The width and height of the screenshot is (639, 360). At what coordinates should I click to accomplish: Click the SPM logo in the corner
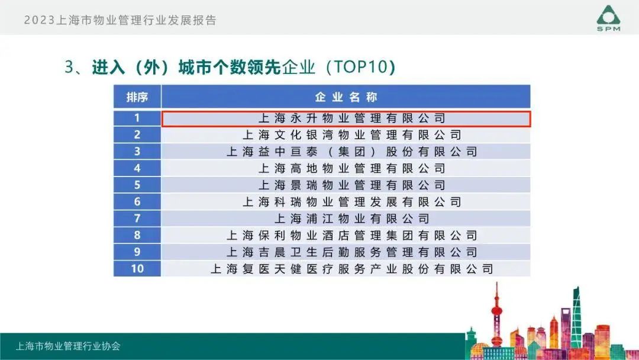click(608, 18)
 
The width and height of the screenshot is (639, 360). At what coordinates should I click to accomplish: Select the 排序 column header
click(137, 97)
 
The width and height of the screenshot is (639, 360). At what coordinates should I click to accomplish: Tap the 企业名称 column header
click(346, 97)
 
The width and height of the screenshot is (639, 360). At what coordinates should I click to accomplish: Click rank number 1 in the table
click(137, 118)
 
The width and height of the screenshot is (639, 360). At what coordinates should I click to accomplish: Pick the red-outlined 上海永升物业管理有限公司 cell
click(346, 118)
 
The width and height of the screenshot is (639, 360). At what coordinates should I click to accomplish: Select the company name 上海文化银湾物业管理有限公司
click(351, 135)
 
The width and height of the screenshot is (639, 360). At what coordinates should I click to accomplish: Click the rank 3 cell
click(137, 152)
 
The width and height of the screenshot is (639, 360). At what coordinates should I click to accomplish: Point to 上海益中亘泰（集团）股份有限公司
click(351, 152)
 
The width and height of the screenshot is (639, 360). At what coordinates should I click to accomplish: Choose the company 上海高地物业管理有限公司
click(351, 168)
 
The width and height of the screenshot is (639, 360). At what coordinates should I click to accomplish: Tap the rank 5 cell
click(137, 185)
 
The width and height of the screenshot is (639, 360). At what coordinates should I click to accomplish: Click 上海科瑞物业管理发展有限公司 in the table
click(351, 202)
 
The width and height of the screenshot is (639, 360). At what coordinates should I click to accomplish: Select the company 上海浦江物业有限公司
click(351, 218)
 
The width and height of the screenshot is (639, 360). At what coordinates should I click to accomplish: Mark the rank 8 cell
click(137, 235)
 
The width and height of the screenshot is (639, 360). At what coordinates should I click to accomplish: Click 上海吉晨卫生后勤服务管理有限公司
click(351, 252)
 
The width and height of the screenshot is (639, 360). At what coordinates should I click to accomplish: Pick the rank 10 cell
click(137, 269)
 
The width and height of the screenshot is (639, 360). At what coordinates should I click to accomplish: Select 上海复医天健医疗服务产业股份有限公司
click(351, 269)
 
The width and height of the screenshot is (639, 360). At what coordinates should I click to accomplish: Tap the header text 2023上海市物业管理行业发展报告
click(120, 20)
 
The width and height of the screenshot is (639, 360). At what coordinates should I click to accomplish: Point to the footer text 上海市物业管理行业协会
click(68, 346)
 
